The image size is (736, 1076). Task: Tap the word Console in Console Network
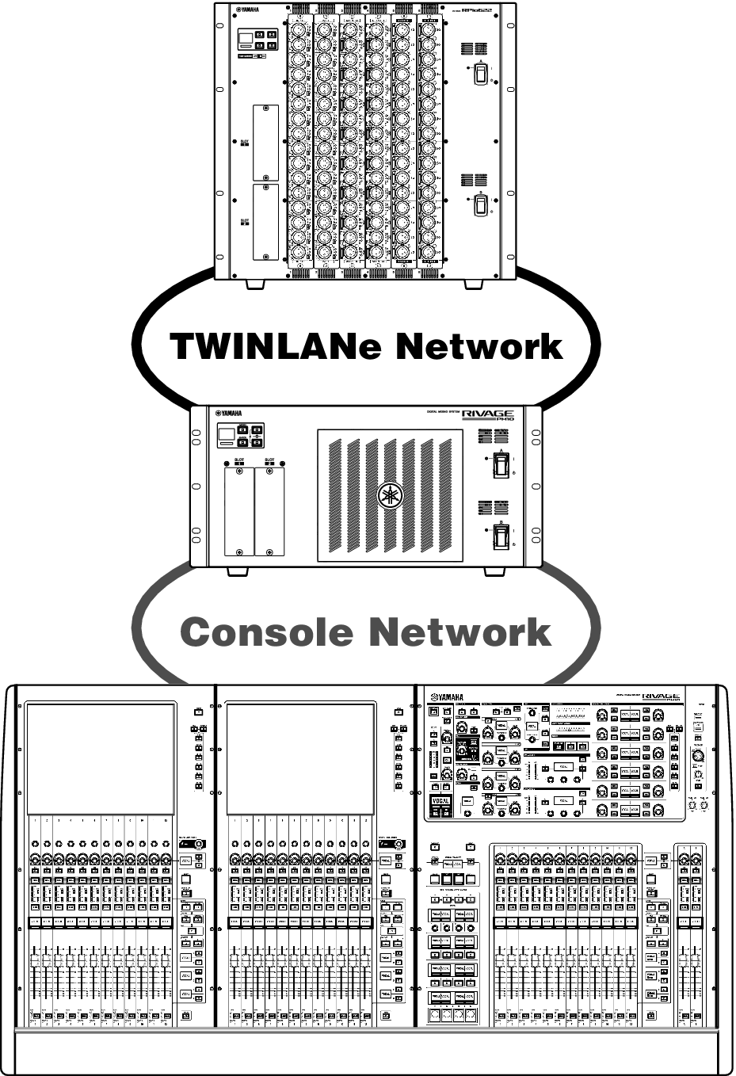[265, 631]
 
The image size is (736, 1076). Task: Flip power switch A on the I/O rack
[479, 74]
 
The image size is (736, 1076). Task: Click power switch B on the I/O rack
[479, 205]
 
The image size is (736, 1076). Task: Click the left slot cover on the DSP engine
[239, 512]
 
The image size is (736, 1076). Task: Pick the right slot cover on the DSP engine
[269, 512]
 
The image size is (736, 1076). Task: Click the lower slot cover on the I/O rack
[265, 222]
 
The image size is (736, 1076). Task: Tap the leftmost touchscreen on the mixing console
[100, 759]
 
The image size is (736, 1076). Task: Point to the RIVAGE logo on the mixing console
[661, 696]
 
